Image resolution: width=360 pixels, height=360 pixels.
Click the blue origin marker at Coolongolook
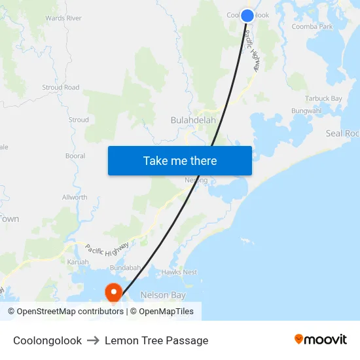[x=247, y=15]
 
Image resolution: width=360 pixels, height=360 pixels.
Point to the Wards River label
[x=63, y=18]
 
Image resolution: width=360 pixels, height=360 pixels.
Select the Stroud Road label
[x=61, y=87]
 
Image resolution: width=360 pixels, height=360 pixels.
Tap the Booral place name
[x=75, y=156]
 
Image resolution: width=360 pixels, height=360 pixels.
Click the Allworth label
[x=75, y=197]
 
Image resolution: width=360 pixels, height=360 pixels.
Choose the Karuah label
[x=78, y=262]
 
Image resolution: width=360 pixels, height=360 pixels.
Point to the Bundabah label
[x=126, y=268]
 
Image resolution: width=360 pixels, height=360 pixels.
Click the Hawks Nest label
[x=179, y=272]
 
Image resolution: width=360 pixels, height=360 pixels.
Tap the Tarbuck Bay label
[x=323, y=99]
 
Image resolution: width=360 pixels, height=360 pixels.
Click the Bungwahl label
[x=307, y=111]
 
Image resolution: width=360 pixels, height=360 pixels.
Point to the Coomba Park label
[x=312, y=27]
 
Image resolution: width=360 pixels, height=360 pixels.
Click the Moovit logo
[x=320, y=340]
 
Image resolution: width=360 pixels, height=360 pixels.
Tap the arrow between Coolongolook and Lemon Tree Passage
[x=93, y=340]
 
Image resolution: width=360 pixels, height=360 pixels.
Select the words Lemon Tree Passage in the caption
[x=156, y=340]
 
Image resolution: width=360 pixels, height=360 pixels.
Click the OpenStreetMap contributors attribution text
[x=65, y=312]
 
